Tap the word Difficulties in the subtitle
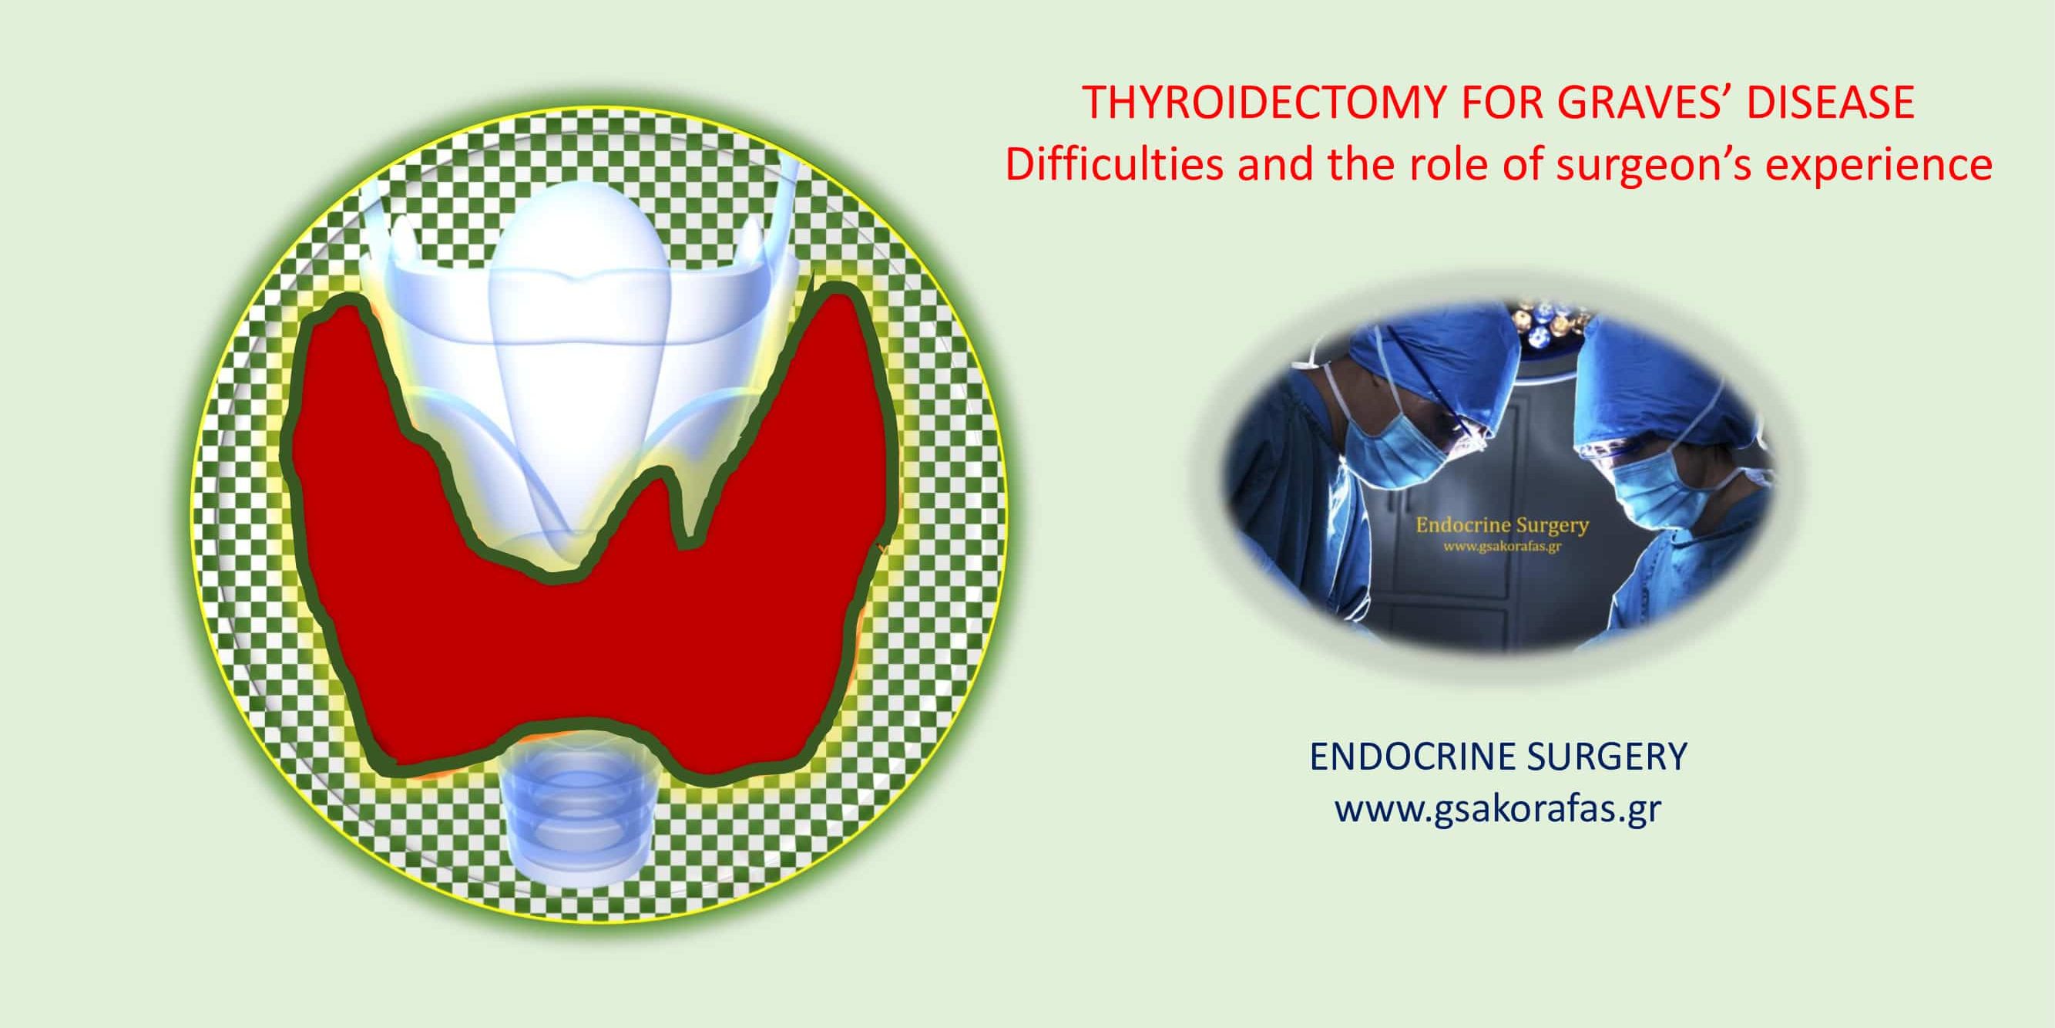(x=1113, y=165)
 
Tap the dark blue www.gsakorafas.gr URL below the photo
(x=1498, y=809)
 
